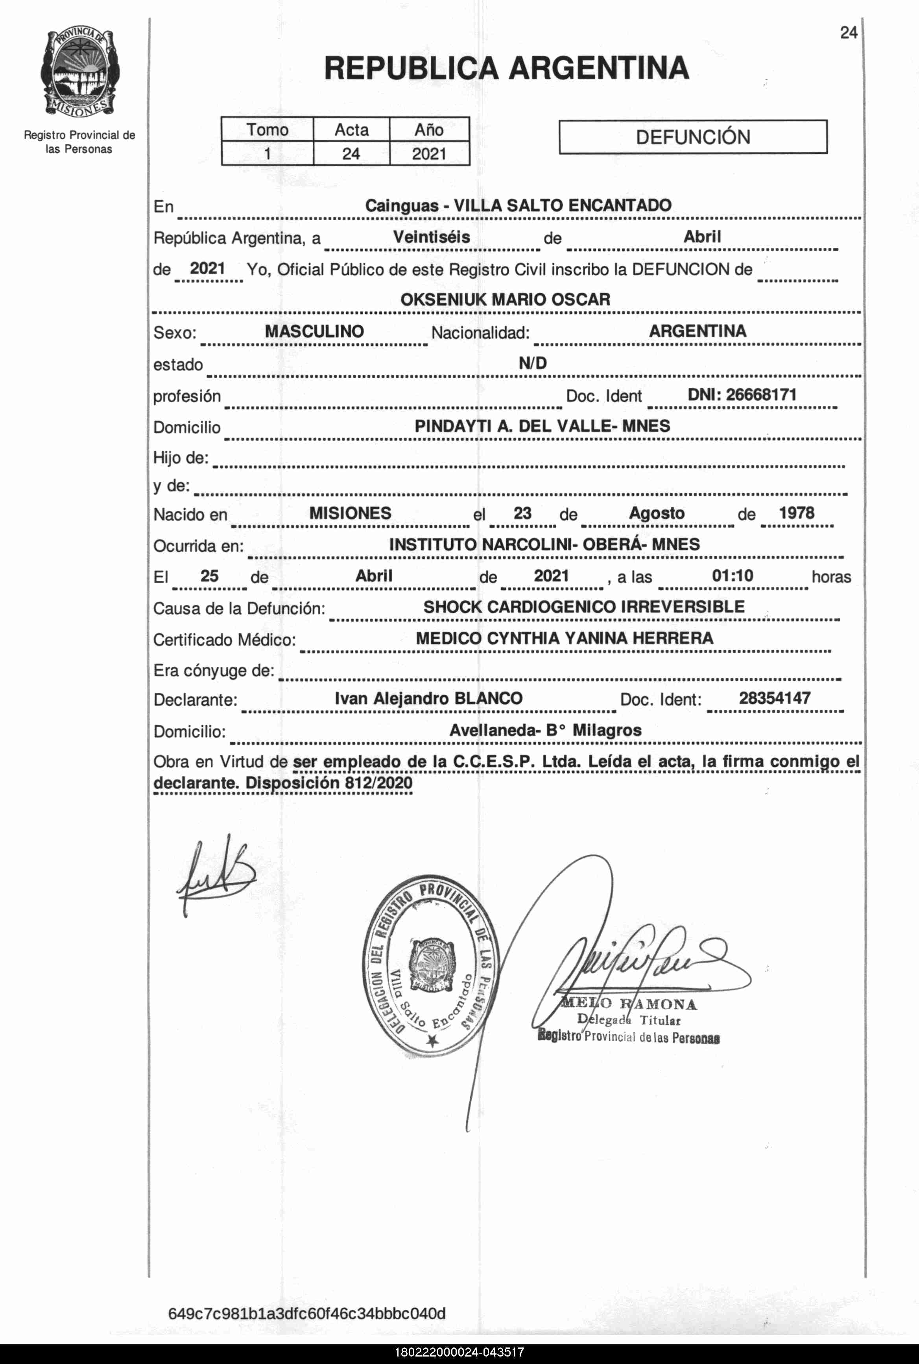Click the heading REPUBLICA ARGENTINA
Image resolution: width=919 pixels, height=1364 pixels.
[506, 68]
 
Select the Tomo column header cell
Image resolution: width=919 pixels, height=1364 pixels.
[267, 129]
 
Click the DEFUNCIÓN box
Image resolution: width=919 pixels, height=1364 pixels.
[693, 137]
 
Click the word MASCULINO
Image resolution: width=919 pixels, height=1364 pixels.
[314, 331]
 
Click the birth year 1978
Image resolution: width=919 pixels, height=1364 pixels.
[796, 513]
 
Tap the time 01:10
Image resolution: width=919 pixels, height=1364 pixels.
[732, 576]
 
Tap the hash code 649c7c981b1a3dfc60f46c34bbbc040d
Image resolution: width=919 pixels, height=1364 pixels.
[306, 1314]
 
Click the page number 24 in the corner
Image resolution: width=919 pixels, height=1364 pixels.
[848, 33]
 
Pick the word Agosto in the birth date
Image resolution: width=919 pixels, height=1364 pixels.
[657, 513]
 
